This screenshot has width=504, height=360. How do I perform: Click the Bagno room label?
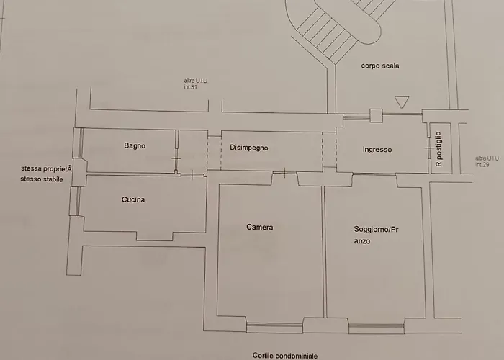click(x=135, y=146)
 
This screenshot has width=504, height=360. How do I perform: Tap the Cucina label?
click(x=133, y=199)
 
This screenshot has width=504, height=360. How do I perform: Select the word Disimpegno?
click(x=249, y=148)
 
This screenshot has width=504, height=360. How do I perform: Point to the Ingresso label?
click(x=377, y=150)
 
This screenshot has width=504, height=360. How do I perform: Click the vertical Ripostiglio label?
click(x=438, y=149)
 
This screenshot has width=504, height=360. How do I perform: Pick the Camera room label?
click(x=260, y=228)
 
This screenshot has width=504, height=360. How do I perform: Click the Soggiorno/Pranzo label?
click(x=376, y=235)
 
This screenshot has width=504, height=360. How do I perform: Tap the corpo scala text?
click(x=380, y=66)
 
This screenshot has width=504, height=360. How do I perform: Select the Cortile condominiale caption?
click(x=285, y=356)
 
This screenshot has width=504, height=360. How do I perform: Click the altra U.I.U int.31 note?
click(x=195, y=84)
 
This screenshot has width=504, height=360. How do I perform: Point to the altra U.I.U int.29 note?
click(x=487, y=161)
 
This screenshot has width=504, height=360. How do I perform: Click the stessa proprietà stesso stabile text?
click(x=46, y=174)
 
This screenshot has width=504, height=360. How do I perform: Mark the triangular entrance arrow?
click(x=402, y=102)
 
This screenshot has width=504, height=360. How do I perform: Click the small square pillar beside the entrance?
click(x=376, y=116)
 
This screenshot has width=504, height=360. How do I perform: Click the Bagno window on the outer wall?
click(x=78, y=143)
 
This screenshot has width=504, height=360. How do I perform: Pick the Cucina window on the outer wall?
click(x=75, y=201)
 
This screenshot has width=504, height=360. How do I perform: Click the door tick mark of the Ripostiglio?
click(x=429, y=148)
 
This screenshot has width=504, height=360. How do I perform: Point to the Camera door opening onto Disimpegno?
click(x=285, y=173)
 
